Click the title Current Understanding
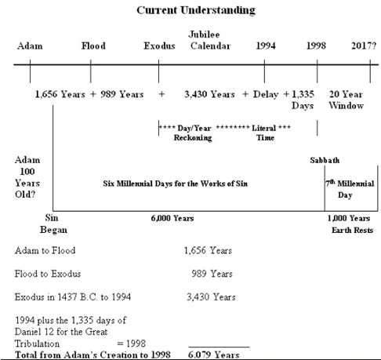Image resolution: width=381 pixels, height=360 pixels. tap(196, 10)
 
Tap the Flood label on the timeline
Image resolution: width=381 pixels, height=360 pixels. tap(93, 45)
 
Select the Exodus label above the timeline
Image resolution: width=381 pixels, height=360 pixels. tap(159, 45)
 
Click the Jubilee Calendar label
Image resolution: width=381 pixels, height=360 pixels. tap(210, 40)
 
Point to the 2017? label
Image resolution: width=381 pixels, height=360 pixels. tap(364, 45)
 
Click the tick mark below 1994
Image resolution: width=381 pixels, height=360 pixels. tap(264, 71)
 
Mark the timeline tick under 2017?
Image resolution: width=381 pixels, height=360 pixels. tap(370, 71)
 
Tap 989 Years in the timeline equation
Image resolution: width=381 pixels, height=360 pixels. tap(122, 94)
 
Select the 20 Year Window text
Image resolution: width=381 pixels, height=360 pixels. tap(346, 100)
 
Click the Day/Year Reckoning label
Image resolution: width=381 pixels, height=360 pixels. tap(193, 133)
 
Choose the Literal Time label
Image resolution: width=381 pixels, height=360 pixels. tap(264, 133)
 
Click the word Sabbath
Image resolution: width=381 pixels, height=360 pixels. tap(325, 160)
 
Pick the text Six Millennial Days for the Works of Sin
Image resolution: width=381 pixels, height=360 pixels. tap(175, 184)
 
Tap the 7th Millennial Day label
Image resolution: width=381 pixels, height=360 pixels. tap(350, 189)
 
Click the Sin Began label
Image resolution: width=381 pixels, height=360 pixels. tap(53, 224)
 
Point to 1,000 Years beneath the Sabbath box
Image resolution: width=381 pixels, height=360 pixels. tap(349, 218)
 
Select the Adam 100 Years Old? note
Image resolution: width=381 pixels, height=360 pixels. tap(27, 177)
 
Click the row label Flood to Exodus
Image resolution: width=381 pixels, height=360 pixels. tap(48, 274)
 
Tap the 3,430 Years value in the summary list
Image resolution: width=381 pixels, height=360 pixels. tap(211, 297)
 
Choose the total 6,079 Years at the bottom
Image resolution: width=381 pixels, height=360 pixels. tap(213, 355)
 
